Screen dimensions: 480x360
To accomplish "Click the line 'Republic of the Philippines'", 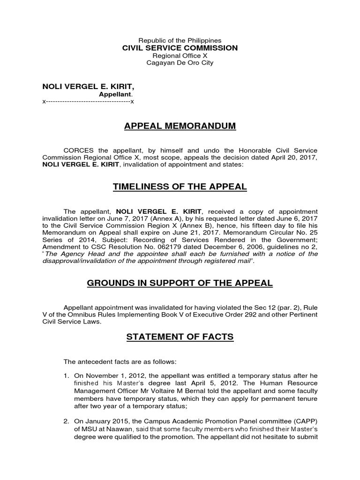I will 180,41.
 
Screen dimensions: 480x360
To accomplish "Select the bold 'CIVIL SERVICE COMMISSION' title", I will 180,48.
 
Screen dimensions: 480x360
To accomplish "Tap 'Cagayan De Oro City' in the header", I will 180,62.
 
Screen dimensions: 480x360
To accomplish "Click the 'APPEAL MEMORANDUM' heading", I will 180,126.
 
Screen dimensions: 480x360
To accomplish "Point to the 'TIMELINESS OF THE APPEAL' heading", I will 180,187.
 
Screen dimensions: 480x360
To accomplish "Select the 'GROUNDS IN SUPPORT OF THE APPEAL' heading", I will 180,284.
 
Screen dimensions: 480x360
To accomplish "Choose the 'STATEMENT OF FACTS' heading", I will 180,337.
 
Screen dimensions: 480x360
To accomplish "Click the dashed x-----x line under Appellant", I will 88,101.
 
